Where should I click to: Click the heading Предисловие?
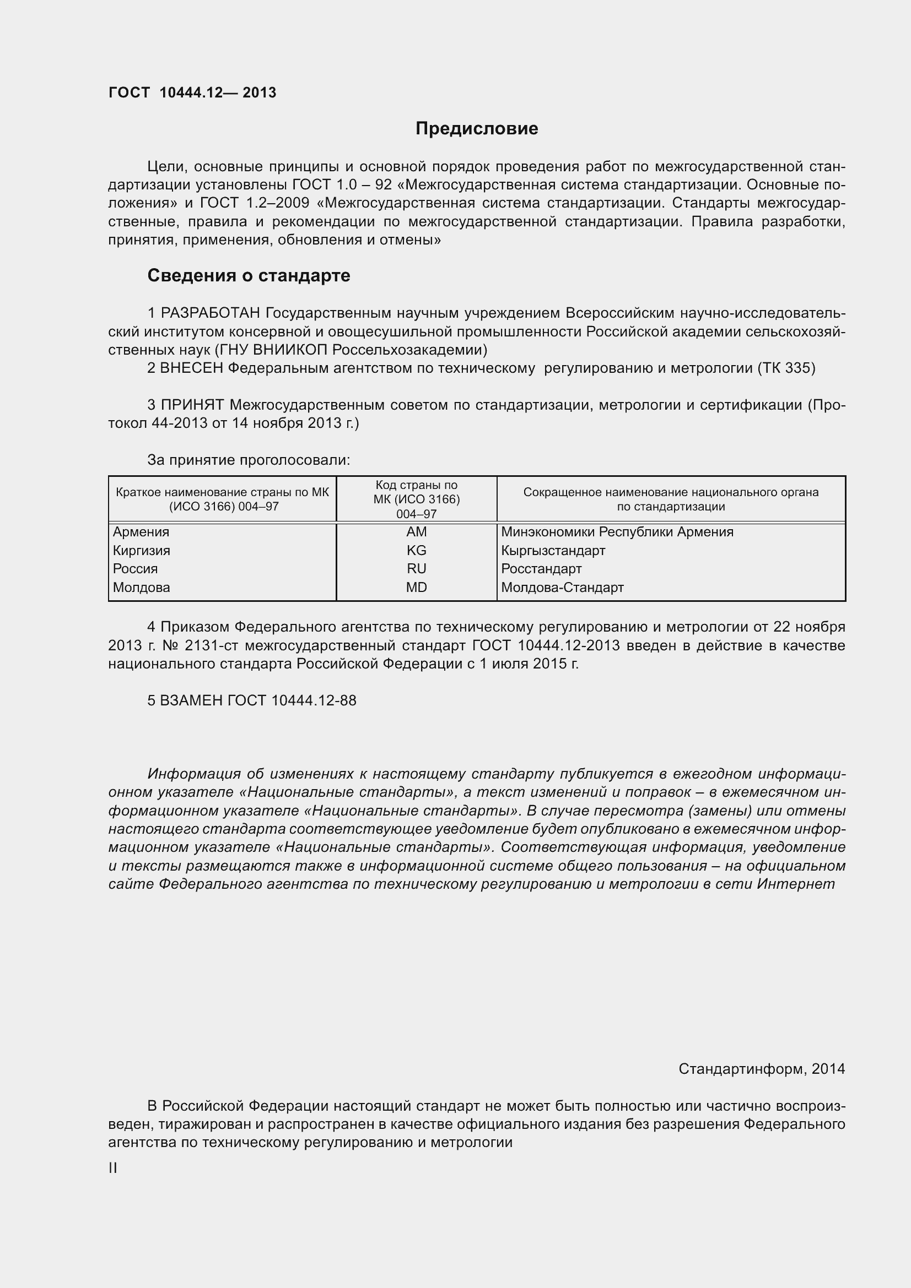[x=477, y=129]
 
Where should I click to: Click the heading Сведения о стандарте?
[x=249, y=276]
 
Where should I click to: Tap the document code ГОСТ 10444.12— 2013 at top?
[x=192, y=93]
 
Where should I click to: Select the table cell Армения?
[x=141, y=532]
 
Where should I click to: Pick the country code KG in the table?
[x=417, y=550]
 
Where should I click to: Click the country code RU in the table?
[x=417, y=569]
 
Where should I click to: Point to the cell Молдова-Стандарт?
[x=563, y=588]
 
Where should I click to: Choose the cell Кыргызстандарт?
[x=553, y=550]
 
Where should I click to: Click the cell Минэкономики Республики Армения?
[x=617, y=532]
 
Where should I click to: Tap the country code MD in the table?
[x=417, y=588]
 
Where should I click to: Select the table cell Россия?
[x=135, y=569]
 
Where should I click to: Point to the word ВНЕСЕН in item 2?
[x=192, y=368]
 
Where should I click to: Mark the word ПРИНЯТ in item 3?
[x=192, y=405]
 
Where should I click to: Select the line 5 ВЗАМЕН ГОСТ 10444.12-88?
[x=251, y=700]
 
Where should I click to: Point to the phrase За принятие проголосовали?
[x=249, y=460]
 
